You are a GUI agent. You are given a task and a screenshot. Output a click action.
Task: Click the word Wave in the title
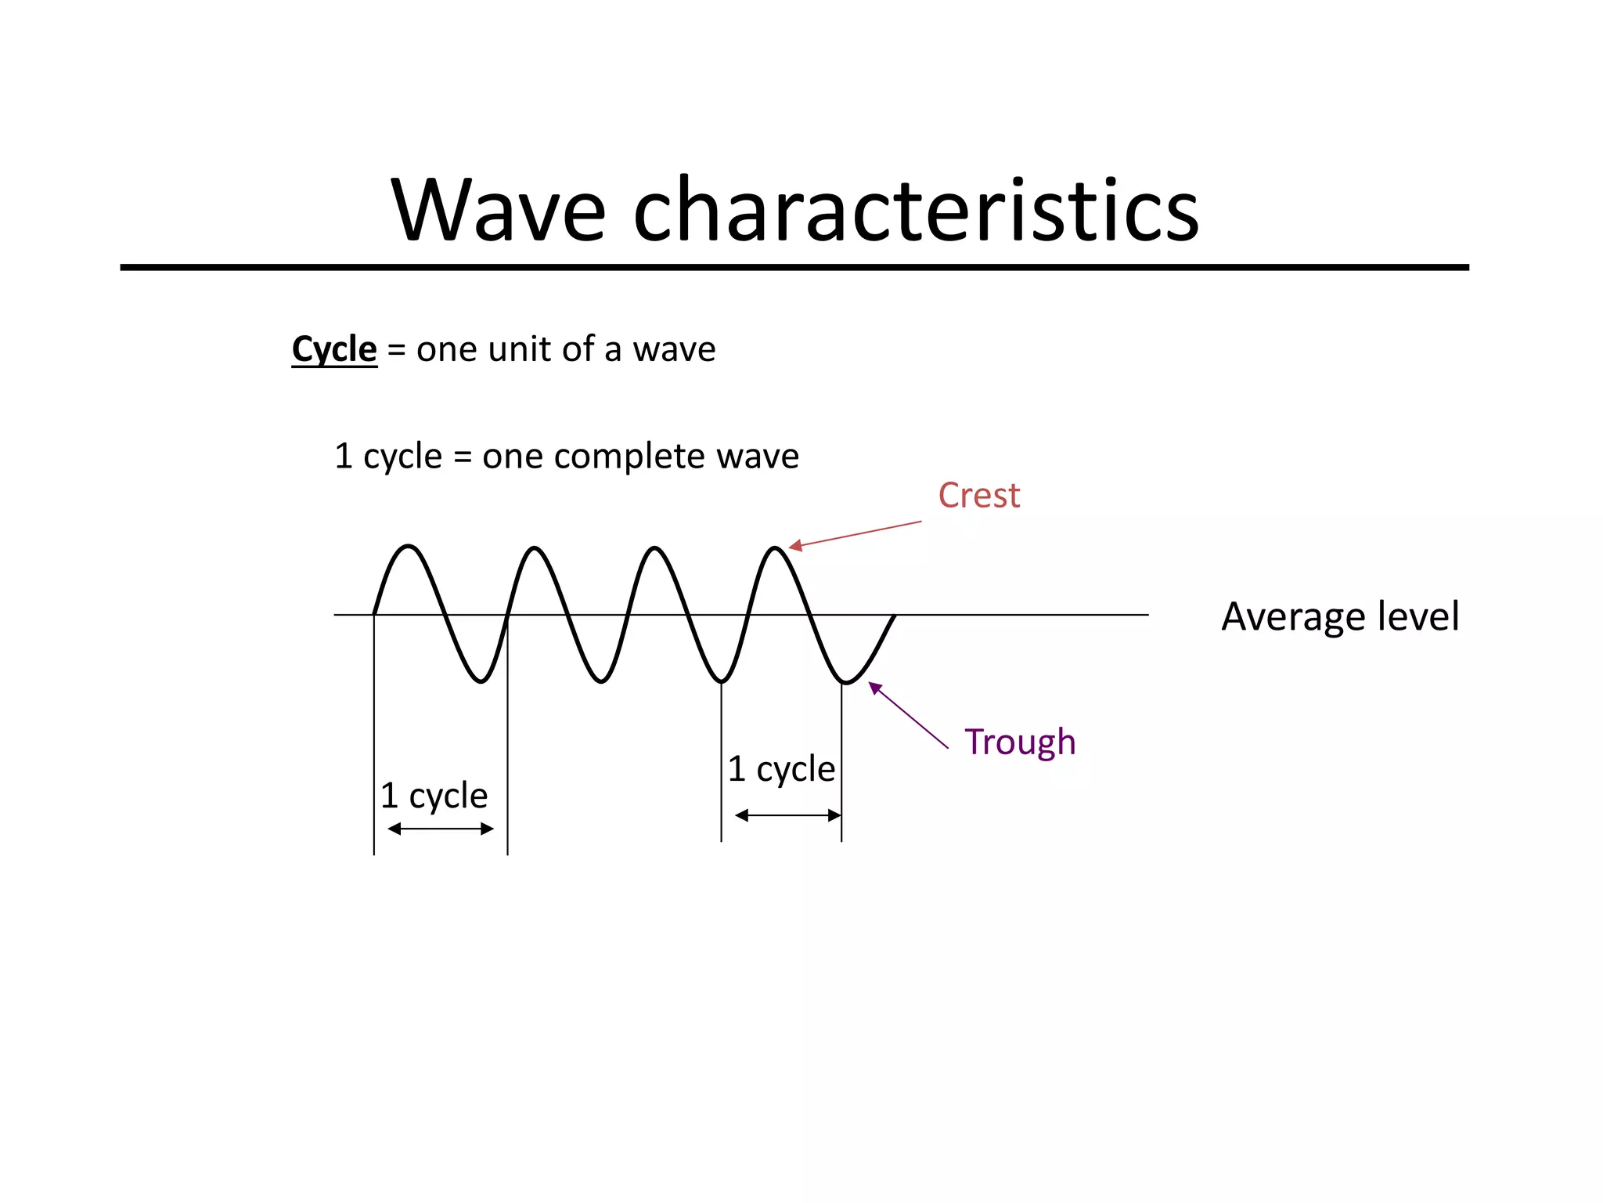499,210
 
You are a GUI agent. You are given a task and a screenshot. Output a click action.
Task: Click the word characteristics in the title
915,210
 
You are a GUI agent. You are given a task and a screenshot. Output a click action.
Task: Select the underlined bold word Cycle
334,349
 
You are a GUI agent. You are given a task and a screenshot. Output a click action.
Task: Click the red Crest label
978,496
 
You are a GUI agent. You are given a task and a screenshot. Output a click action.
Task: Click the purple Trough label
1019,742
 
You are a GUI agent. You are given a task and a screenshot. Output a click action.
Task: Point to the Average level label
1339,616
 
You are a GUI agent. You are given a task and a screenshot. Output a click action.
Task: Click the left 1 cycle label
434,796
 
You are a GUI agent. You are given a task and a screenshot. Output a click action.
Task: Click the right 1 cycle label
781,769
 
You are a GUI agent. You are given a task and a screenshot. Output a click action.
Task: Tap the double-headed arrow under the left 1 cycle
441,829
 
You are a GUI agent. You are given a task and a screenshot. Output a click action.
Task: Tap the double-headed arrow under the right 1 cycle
787,816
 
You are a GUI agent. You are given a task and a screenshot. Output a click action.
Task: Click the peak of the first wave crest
409,546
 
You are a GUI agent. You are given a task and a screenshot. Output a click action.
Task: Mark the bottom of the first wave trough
481,681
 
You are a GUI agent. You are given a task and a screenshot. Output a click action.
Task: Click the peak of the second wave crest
535,547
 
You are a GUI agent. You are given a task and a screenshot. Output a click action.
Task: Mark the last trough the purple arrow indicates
846,683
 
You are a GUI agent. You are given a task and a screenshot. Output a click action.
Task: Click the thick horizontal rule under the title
794,268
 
